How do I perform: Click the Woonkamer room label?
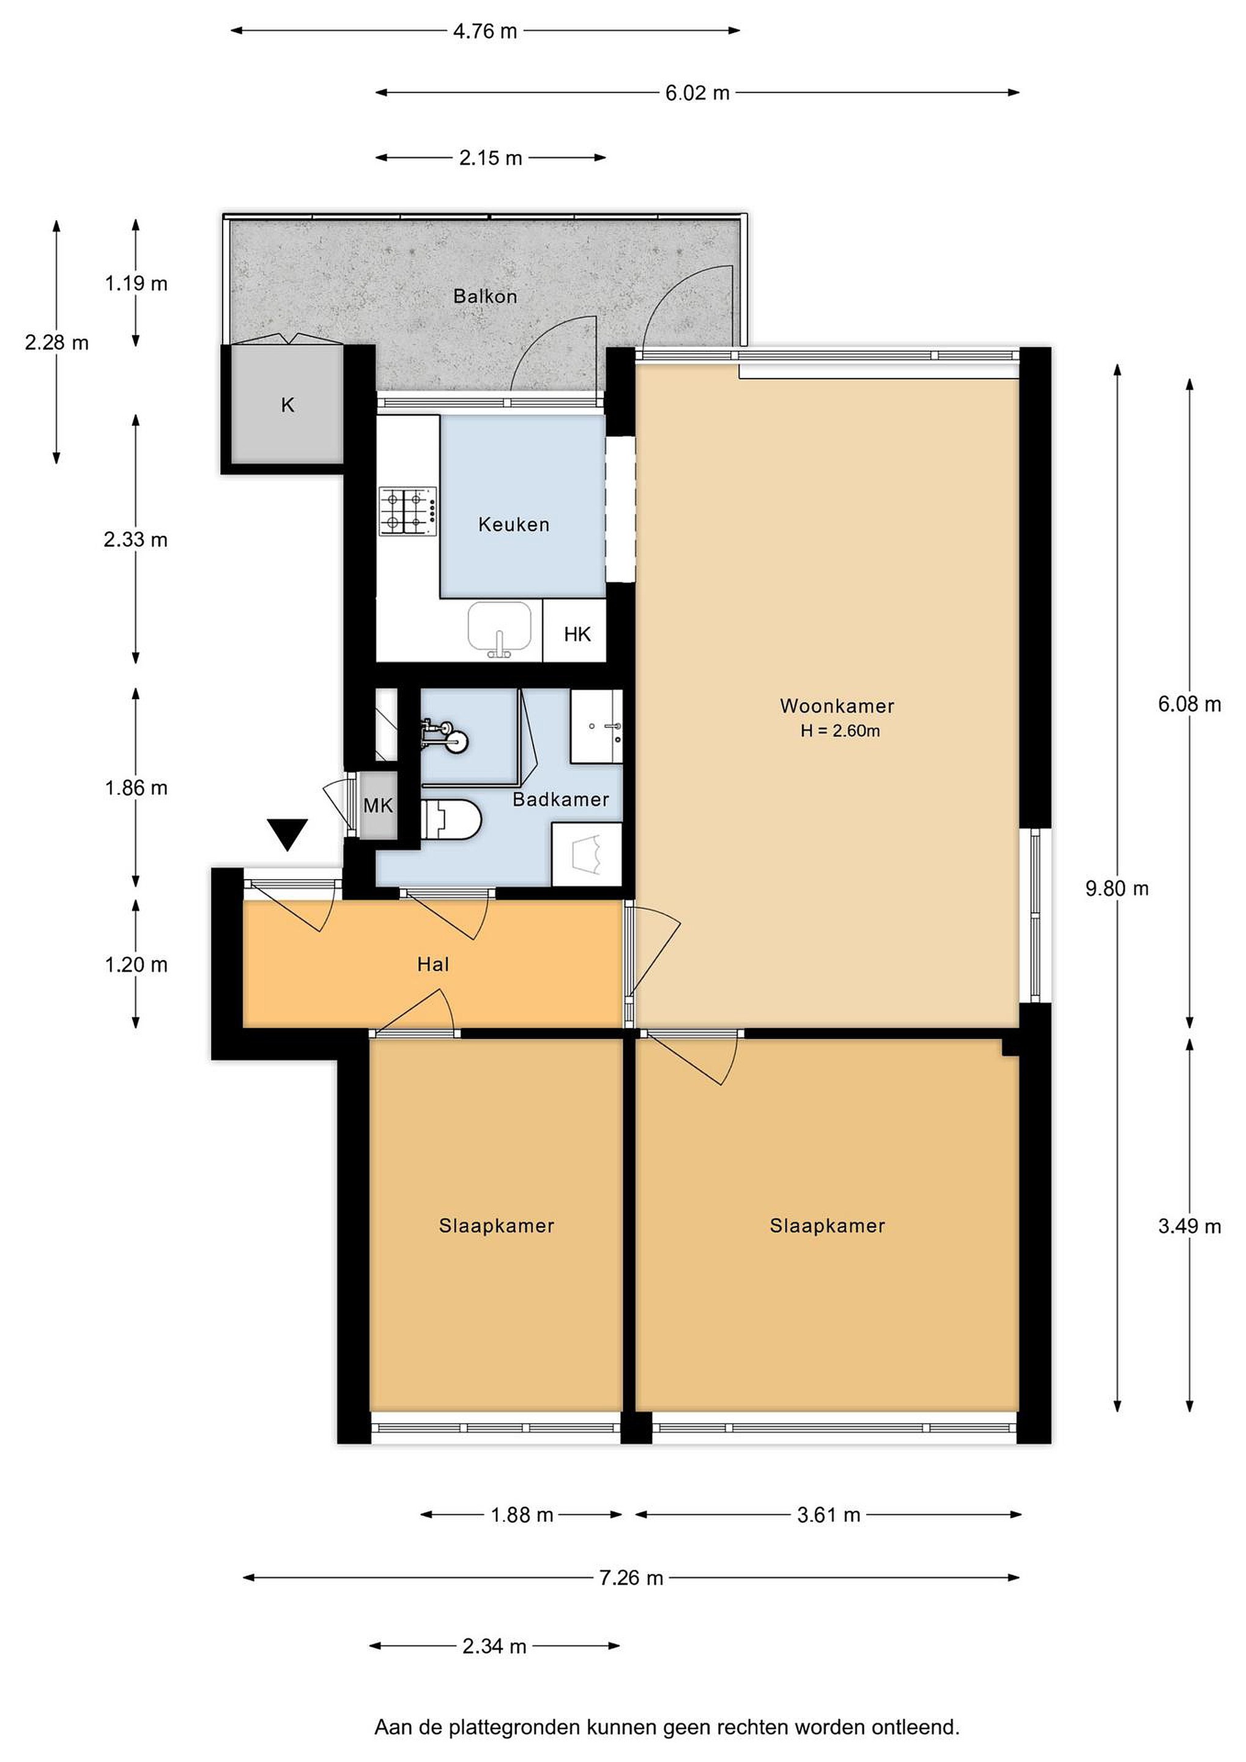coord(837,705)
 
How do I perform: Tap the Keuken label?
coord(514,524)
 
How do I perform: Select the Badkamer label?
coord(561,799)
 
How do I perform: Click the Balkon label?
coord(485,296)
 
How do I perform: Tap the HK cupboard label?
coord(577,634)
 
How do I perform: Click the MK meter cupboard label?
coord(377,805)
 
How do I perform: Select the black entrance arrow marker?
coord(287,832)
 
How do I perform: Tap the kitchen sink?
coord(500,627)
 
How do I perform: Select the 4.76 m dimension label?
coord(485,31)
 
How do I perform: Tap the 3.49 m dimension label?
coord(1189,1225)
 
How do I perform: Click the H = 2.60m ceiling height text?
coord(840,730)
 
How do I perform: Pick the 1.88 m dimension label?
coord(522,1514)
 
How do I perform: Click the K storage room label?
coord(287,404)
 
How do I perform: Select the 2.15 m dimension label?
coord(491,158)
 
